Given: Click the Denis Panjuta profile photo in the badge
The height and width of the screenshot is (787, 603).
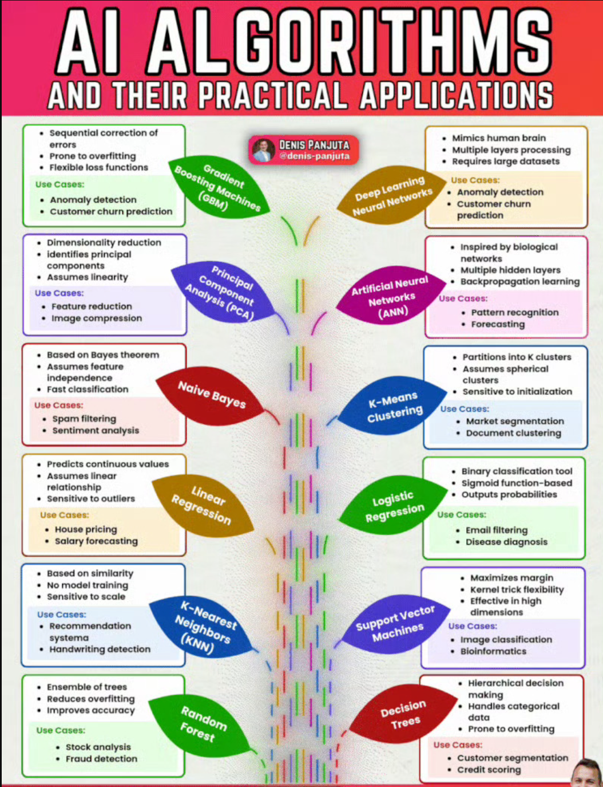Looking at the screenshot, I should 263,150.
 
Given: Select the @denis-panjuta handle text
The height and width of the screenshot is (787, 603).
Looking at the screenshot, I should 314,156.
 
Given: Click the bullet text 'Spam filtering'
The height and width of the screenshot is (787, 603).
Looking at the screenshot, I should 84,419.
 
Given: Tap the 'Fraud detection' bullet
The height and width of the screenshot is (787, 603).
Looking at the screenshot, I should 101,758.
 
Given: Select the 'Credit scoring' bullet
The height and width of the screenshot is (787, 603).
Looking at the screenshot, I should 489,770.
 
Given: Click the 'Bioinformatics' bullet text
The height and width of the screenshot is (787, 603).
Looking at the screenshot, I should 493,651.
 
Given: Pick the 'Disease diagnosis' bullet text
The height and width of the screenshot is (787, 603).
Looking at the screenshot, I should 506,542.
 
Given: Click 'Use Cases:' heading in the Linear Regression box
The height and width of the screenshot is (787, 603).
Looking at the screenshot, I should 64,515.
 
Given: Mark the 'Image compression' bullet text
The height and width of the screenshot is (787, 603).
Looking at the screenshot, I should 97,318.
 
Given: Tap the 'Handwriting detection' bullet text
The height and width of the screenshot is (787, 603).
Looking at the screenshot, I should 100,649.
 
